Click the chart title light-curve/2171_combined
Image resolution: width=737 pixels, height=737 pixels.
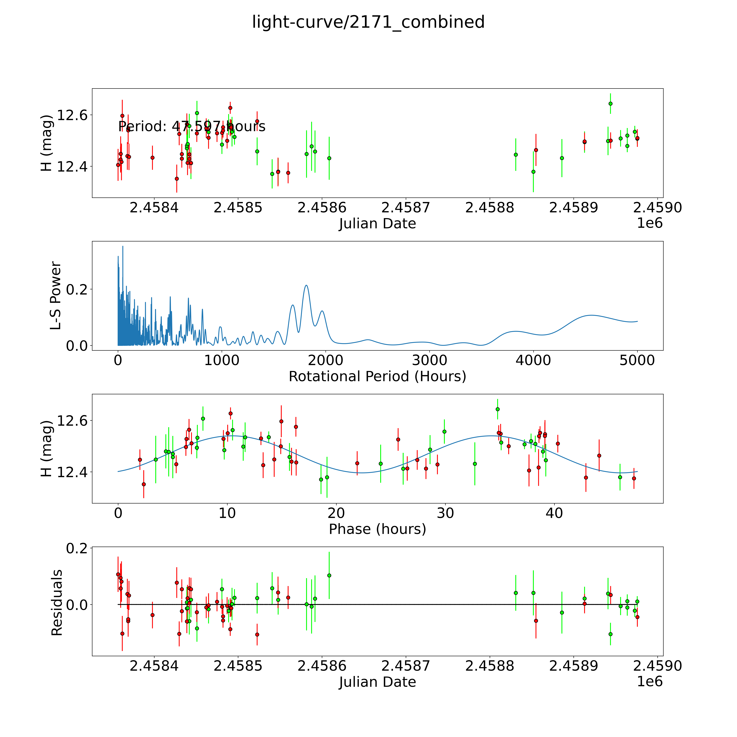coord(368,22)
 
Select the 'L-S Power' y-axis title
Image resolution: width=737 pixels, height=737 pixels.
coord(56,296)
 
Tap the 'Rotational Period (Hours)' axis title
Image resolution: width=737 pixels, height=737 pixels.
coord(377,377)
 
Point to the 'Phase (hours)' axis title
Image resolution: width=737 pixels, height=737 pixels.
coord(377,529)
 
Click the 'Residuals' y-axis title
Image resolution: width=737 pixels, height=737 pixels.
coord(57,603)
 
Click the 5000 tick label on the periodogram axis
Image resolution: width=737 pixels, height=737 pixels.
coord(637,360)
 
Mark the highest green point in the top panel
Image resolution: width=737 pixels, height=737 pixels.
coord(610,103)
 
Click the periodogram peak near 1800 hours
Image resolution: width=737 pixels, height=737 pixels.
coord(306,285)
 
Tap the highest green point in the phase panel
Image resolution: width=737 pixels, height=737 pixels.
coord(497,409)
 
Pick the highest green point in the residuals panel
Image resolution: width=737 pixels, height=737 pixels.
coord(329,575)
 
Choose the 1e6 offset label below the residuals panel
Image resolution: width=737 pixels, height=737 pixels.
coord(650,681)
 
